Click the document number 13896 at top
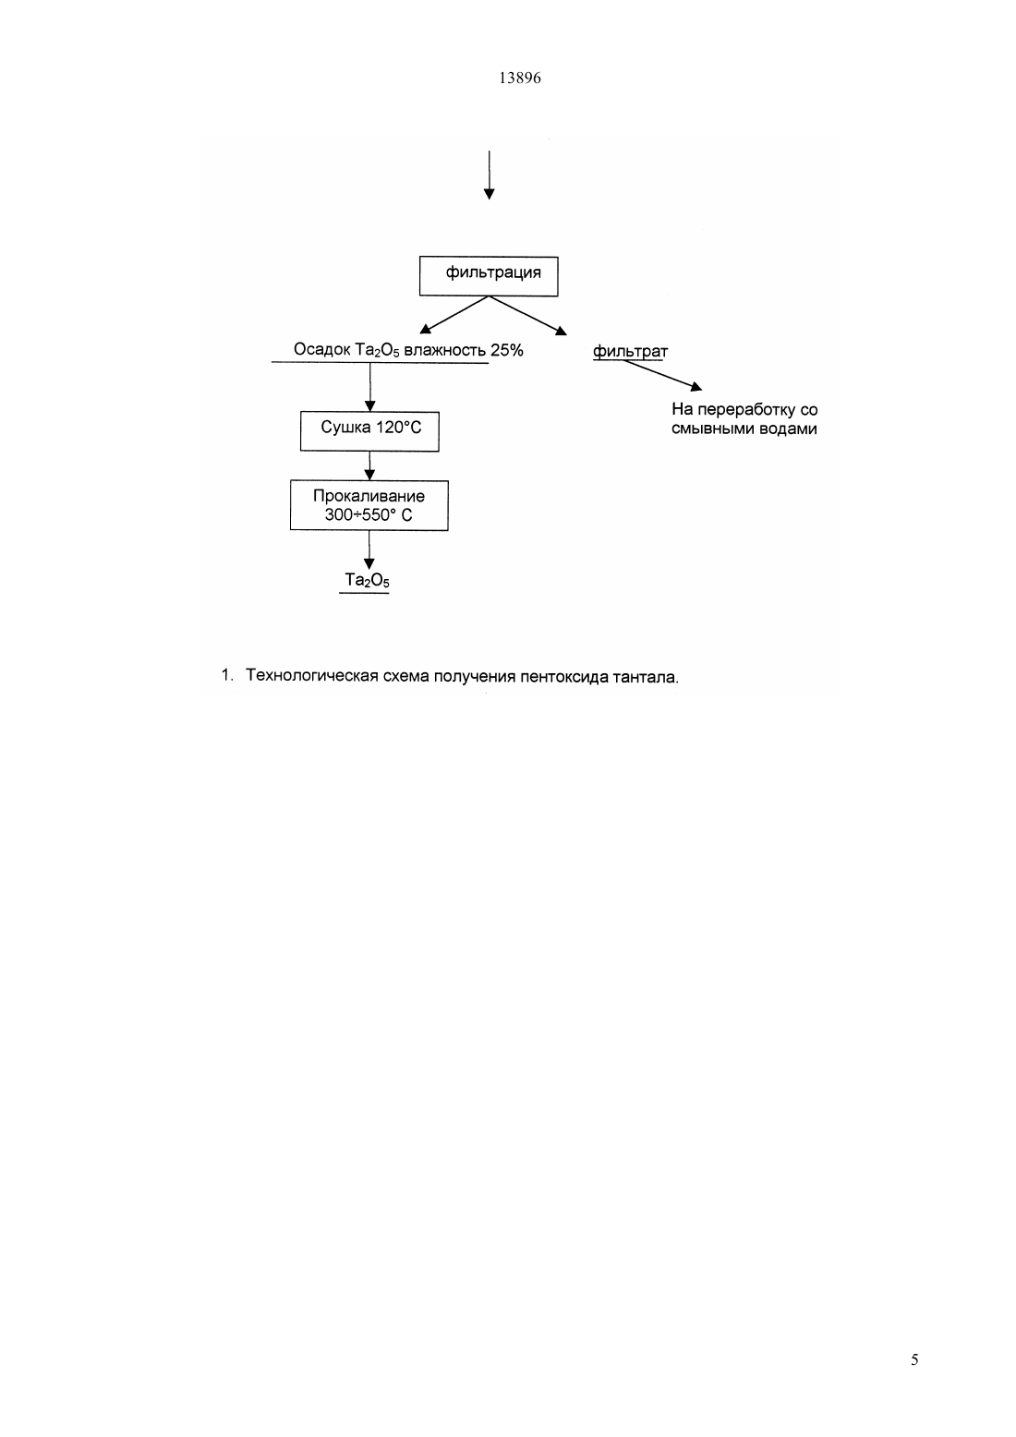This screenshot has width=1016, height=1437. tap(519, 78)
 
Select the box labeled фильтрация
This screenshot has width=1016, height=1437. tap(489, 276)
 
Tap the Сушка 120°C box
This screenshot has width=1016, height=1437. tap(369, 431)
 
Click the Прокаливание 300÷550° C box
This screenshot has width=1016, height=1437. tap(369, 505)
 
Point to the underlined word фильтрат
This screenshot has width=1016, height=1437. tap(630, 352)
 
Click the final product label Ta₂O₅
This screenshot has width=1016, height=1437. tap(367, 581)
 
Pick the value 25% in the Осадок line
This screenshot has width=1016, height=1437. tap(507, 350)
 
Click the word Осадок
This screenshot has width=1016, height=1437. tap(322, 350)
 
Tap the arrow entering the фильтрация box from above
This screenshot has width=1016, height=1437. tap(489, 175)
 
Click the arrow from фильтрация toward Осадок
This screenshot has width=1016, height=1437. tap(454, 315)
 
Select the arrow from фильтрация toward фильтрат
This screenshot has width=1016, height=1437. tap(528, 316)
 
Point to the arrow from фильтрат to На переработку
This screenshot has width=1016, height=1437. tap(662, 375)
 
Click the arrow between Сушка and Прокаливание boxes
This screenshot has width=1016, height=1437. tap(369, 465)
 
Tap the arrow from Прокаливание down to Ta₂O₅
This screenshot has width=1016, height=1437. tap(369, 550)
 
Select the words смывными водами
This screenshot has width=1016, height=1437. tap(744, 429)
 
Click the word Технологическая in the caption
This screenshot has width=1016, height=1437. tap(312, 676)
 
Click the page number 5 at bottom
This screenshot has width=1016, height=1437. tap(914, 1359)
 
